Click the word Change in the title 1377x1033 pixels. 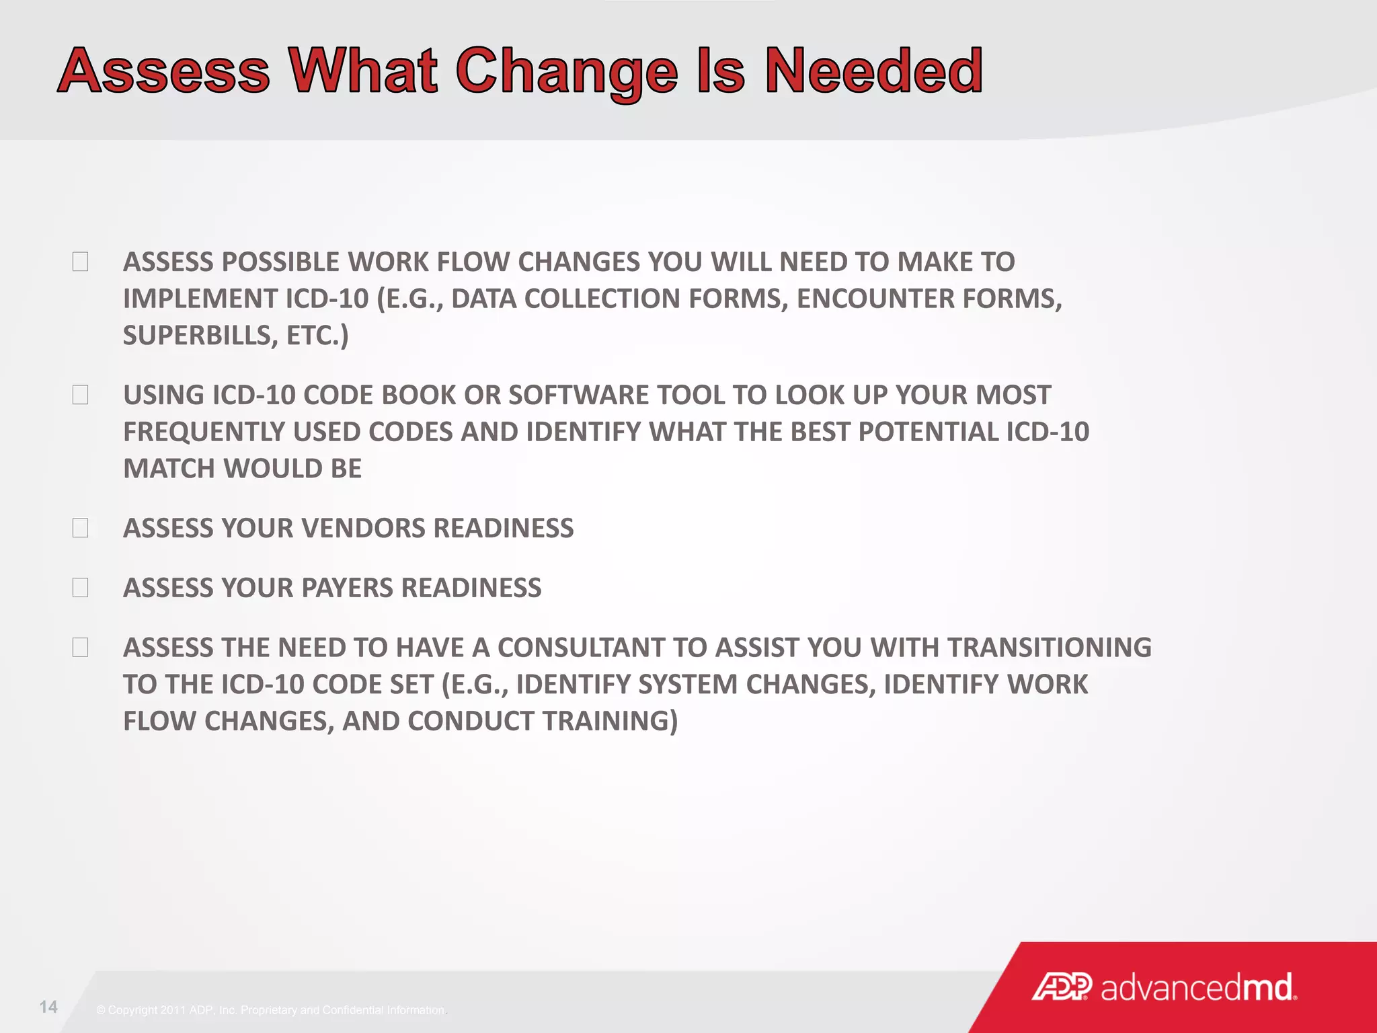[567, 72]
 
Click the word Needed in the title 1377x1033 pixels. [873, 71]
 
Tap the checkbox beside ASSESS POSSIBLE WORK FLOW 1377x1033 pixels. [80, 262]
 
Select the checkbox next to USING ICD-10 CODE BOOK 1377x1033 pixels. [80, 395]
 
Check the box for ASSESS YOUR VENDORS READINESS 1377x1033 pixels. [80, 528]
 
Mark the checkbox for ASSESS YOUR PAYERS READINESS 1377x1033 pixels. [80, 588]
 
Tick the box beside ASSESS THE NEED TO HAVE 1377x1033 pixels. [80, 648]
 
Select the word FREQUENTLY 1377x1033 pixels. [204, 432]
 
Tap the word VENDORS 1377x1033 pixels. [363, 529]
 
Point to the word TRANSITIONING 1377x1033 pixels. [1049, 648]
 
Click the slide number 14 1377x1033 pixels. [48, 1007]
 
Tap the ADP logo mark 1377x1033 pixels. [1062, 987]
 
